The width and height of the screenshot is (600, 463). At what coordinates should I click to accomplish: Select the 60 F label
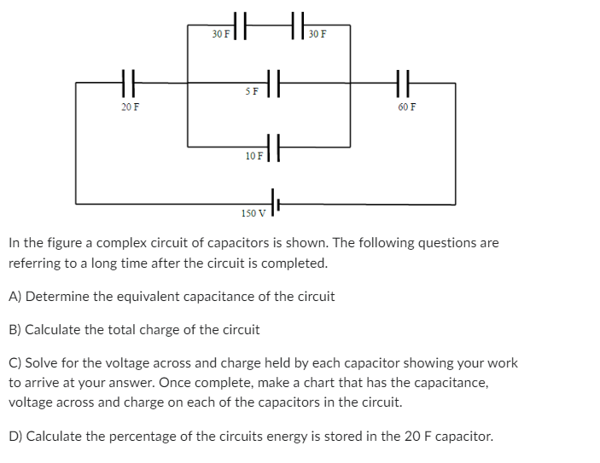[x=407, y=108]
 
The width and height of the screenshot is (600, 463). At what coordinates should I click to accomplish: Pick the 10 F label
[x=253, y=156]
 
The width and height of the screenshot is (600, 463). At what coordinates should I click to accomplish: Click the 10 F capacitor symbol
[x=274, y=148]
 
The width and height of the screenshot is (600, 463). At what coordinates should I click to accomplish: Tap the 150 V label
[x=253, y=212]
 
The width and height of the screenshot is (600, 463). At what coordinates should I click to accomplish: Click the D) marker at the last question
[x=15, y=436]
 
